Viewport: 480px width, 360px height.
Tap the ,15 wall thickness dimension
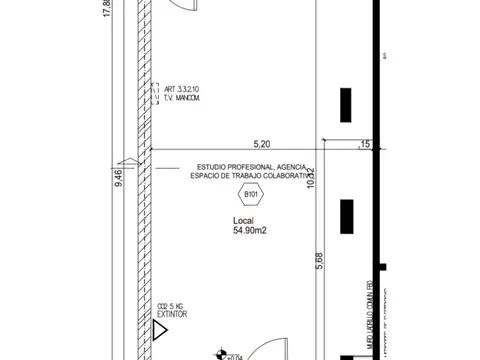364,144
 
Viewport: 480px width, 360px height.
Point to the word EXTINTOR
172,314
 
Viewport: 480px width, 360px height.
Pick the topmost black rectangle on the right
346,104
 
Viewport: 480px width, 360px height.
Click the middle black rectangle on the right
346,216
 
